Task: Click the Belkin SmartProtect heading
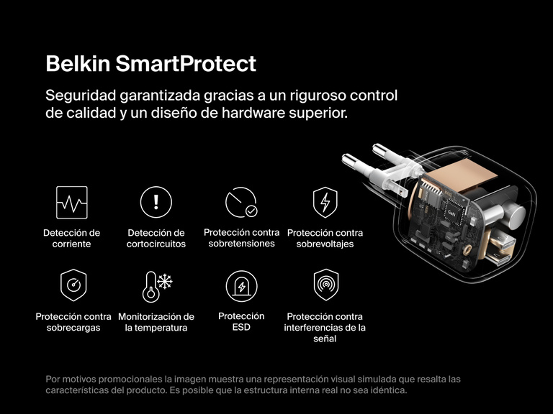tap(150, 63)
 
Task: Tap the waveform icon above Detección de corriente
tap(72, 202)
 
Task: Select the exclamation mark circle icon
tap(156, 202)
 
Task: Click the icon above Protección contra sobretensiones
tap(241, 202)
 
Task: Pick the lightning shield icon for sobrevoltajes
tap(325, 203)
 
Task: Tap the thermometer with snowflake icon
tap(156, 286)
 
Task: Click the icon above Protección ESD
tap(241, 286)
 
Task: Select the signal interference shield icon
tap(325, 285)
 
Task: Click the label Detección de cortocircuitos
tap(156, 238)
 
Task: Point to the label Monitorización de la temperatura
tap(156, 322)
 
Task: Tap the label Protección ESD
tap(241, 321)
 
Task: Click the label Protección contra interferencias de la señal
tap(325, 327)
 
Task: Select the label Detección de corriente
tap(72, 238)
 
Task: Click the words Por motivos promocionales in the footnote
tap(103, 379)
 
